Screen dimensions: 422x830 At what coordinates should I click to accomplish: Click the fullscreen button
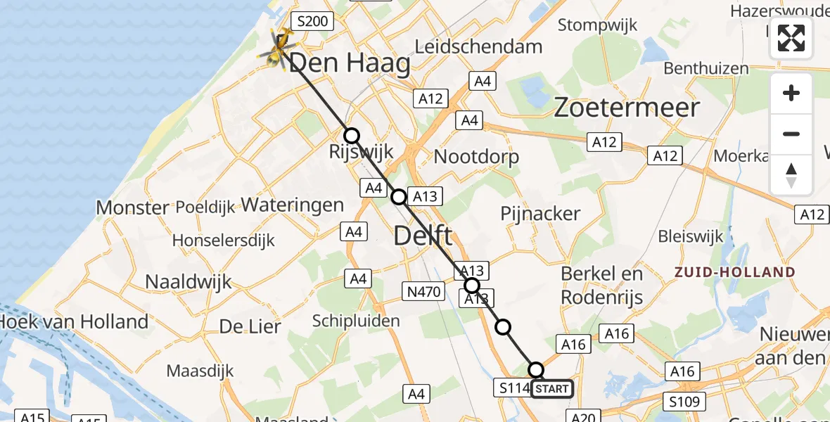coord(791,38)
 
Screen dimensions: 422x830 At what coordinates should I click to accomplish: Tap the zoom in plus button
coord(791,93)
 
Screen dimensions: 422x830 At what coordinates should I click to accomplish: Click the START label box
coord(552,388)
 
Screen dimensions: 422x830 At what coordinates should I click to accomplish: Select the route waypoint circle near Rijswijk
coord(351,136)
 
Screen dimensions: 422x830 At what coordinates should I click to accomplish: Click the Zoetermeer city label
coord(627,108)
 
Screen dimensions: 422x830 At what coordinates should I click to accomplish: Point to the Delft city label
coord(423,236)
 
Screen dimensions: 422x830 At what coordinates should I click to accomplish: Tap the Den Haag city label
coord(350,64)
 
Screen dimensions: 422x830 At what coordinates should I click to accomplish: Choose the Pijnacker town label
coord(540,213)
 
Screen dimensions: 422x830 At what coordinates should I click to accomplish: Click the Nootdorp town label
coord(476,156)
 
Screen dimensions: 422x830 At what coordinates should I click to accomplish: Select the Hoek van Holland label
coord(74,322)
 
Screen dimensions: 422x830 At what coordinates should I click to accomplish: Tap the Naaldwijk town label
coord(188,282)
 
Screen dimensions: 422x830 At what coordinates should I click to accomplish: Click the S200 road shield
coord(312,22)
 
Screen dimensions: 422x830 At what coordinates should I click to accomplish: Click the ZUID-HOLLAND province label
coord(734,272)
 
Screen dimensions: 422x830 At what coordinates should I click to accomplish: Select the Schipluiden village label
coord(356,321)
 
